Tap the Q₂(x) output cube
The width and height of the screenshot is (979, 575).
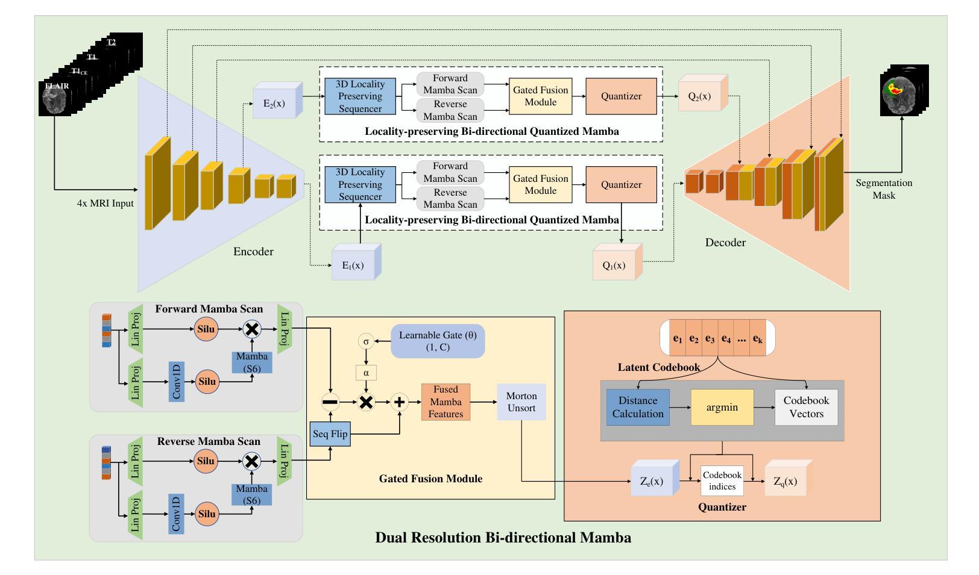click(700, 96)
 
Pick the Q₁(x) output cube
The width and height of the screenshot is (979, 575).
click(614, 265)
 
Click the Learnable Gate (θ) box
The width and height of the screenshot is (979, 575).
click(437, 341)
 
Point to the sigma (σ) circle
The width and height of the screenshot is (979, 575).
click(365, 341)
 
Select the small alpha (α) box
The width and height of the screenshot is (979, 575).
click(366, 373)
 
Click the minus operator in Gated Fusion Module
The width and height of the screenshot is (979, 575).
click(330, 402)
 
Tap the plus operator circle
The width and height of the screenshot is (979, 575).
click(399, 402)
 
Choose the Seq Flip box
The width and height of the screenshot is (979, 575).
click(330, 434)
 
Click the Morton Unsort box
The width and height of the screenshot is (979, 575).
click(521, 402)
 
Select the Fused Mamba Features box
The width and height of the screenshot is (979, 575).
click(445, 402)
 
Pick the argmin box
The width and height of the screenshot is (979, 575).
click(722, 408)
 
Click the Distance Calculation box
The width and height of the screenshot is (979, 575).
click(638, 408)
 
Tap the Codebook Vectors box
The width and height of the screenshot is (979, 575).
click(806, 408)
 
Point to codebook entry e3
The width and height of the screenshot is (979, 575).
click(710, 338)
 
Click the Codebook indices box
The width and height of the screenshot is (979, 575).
click(722, 480)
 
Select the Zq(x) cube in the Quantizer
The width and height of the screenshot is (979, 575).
click(785, 482)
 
